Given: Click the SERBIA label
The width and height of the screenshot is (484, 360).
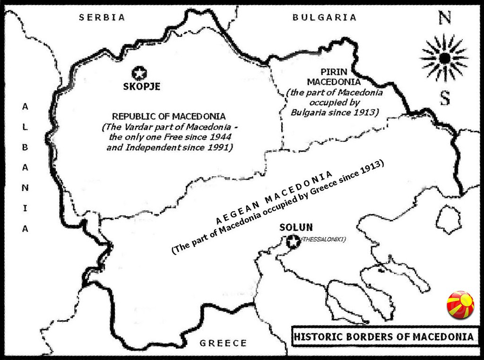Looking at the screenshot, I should coord(102,17).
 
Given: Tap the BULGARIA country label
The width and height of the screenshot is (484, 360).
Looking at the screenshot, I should coord(324,17).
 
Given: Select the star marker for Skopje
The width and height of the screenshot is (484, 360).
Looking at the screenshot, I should coord(140,73).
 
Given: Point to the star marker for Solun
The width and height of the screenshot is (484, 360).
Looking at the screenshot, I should coord(293,241).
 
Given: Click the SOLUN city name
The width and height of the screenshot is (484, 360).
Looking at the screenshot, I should coord(296,227).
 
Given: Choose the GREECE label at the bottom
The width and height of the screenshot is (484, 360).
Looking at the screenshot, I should coord(223,343).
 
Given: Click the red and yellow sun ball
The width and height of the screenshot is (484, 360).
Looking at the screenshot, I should coord(460,305).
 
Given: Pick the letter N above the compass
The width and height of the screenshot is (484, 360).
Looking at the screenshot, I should coord(445,18).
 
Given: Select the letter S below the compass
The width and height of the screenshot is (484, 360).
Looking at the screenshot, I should coord(445,98).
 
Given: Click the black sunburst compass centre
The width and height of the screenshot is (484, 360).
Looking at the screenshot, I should coord(444,58).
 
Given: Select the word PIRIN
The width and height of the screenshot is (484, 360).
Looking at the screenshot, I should coord(334,72).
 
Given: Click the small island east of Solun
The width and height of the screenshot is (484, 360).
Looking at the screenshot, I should coord(449,219).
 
